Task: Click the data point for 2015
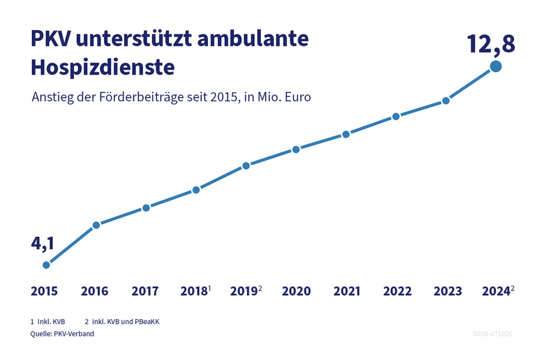click(x=46, y=264)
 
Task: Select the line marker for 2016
click(x=96, y=225)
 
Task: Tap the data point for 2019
click(x=246, y=165)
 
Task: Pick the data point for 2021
click(x=346, y=134)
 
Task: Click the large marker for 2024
click(x=496, y=67)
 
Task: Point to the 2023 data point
click(x=445, y=100)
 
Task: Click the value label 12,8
click(x=491, y=44)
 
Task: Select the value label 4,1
click(x=42, y=243)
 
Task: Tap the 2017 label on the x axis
click(x=145, y=291)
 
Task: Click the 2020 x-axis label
click(x=296, y=291)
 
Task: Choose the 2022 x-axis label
click(x=397, y=291)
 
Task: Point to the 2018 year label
click(x=193, y=291)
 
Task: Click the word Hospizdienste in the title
click(x=102, y=67)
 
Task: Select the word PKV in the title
click(x=50, y=39)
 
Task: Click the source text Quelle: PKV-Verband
click(x=62, y=334)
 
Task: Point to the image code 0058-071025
click(x=492, y=334)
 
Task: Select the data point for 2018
click(x=196, y=190)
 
